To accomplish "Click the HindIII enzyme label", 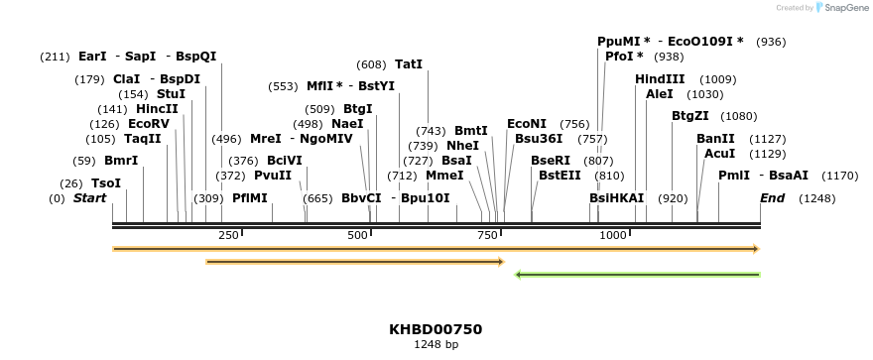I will [660, 79].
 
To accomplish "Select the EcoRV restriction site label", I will [149, 124].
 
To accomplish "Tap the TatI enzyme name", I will [409, 64].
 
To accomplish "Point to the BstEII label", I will [560, 176].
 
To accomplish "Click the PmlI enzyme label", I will [734, 176].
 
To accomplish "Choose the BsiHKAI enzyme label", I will [616, 198].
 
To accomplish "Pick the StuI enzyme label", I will [171, 94].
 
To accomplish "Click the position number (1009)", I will [718, 79].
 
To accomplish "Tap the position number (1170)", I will [839, 176].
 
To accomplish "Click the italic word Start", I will [89, 198].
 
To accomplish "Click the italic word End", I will [772, 198].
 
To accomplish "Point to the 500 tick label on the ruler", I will [357, 235].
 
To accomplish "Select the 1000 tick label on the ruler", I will [613, 235].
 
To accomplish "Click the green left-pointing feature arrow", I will [637, 275].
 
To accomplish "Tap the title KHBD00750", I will [436, 329].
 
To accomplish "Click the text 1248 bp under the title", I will [436, 345].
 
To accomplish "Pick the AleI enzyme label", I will [659, 94].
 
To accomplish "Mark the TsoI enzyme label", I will [106, 183].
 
